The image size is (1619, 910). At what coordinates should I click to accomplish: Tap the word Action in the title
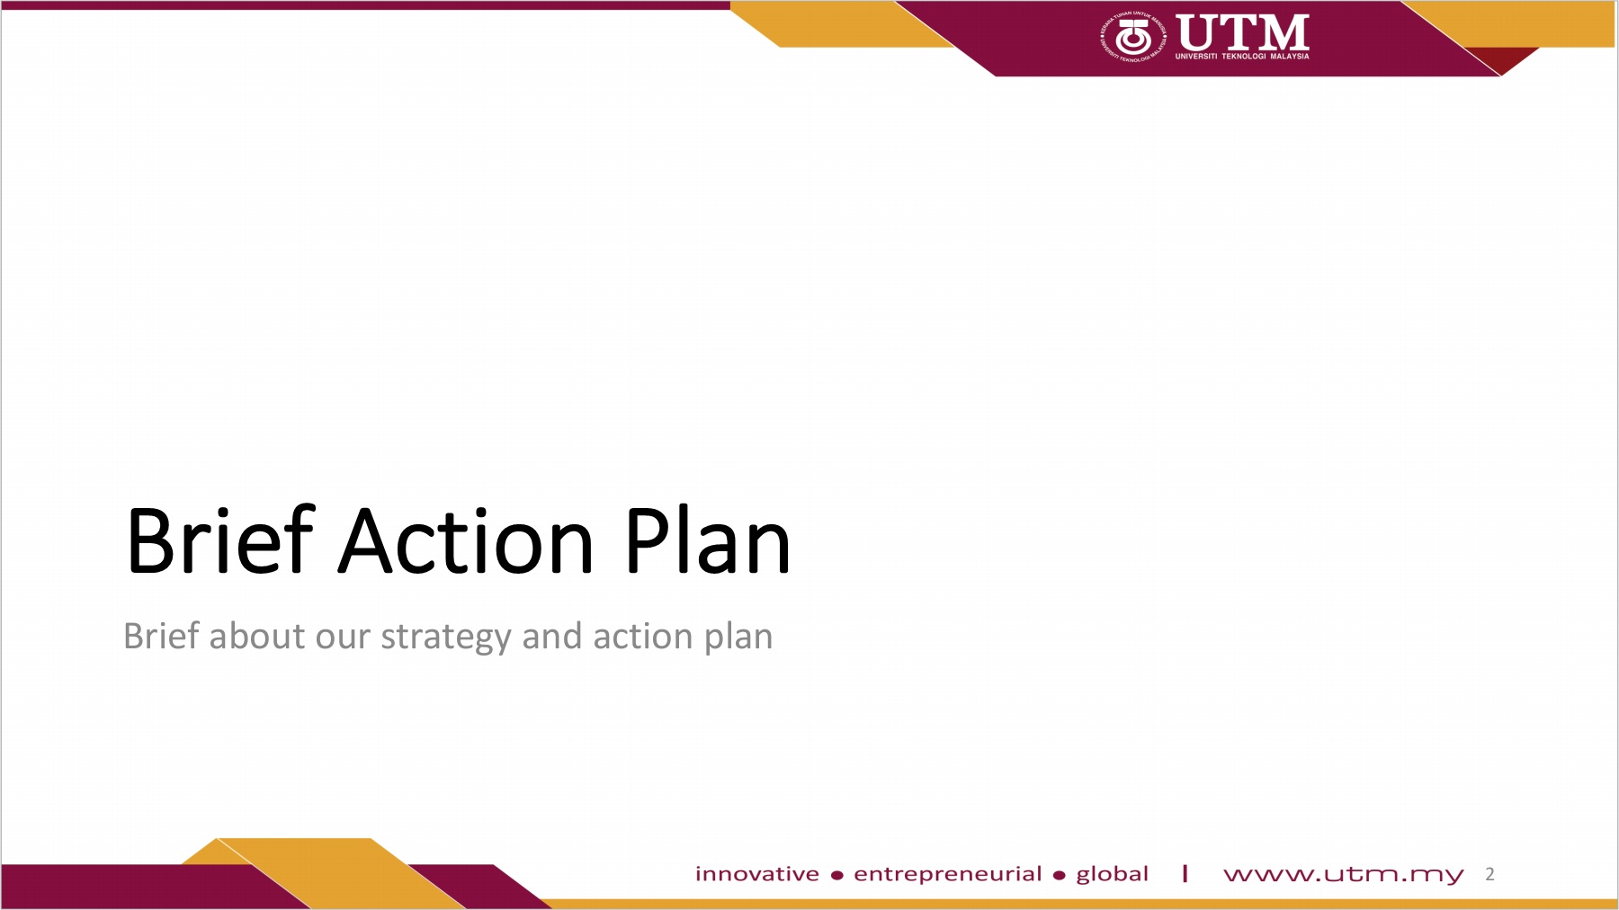[466, 541]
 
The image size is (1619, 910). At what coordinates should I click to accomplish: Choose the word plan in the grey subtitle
[738, 638]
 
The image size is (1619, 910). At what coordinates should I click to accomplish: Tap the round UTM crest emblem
[1133, 37]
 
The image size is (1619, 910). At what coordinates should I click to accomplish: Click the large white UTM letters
[1242, 32]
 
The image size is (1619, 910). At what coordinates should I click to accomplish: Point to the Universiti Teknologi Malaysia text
[1242, 57]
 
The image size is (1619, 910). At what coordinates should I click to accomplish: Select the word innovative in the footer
[757, 874]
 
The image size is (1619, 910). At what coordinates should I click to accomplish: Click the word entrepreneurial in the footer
[948, 875]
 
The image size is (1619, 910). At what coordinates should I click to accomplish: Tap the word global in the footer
[1113, 875]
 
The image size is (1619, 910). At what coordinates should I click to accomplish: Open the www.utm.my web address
[1344, 875]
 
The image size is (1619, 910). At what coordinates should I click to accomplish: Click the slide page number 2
[1490, 874]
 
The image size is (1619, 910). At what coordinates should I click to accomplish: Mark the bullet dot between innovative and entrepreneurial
[837, 876]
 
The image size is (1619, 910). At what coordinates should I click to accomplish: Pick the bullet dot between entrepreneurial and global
[1060, 876]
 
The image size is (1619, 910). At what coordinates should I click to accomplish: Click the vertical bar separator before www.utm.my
[1185, 873]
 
